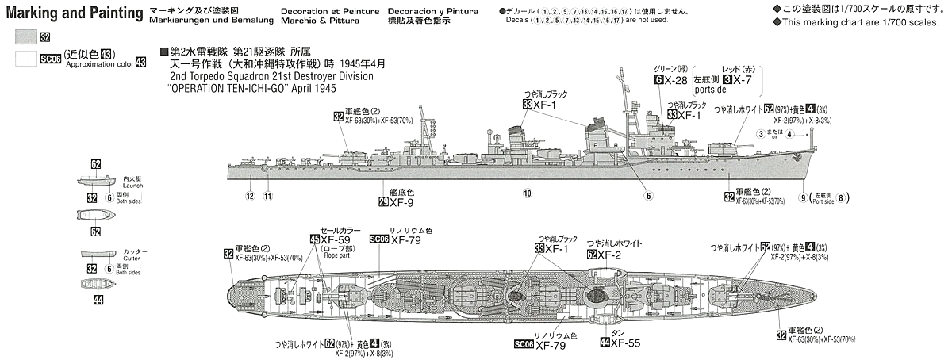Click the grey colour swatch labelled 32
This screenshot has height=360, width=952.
click(x=26, y=36)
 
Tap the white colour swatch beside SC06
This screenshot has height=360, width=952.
click(x=26, y=58)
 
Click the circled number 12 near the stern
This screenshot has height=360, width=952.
click(x=249, y=196)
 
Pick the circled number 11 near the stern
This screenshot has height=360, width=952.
click(x=268, y=196)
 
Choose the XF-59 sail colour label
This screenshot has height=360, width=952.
click(x=332, y=239)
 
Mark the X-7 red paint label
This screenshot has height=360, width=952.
click(x=743, y=81)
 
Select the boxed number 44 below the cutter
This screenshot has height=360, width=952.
click(x=97, y=300)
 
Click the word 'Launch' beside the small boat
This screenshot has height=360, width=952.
click(x=133, y=186)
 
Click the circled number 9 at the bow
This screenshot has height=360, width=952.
click(x=803, y=197)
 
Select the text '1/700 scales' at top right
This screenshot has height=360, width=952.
click(x=918, y=21)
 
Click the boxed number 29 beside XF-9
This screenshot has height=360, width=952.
click(x=383, y=203)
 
